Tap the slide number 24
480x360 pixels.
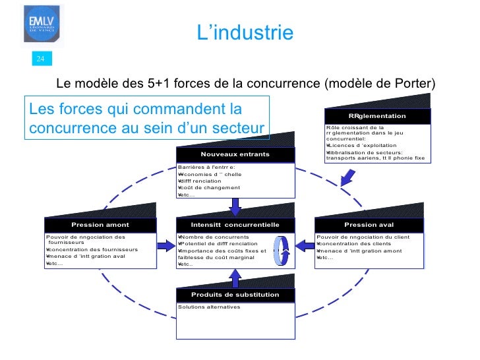pos(40,60)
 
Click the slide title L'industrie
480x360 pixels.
pos(245,33)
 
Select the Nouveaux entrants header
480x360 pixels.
pos(235,154)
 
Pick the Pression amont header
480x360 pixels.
pos(100,225)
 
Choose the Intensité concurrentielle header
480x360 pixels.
pos(235,225)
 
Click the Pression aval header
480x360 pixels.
pos(369,225)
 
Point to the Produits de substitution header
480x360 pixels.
pos(235,295)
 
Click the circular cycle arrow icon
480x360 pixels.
pos(284,251)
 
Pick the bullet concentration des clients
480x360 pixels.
pos(353,243)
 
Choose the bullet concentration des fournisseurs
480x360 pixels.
pos(92,250)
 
